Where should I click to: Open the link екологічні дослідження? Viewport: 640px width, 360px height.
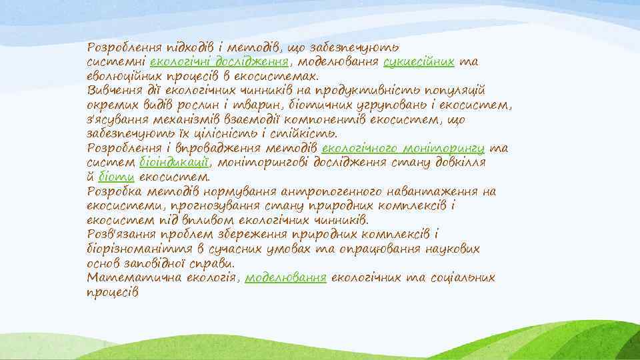(219, 62)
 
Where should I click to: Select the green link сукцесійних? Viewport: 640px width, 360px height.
(419, 62)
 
